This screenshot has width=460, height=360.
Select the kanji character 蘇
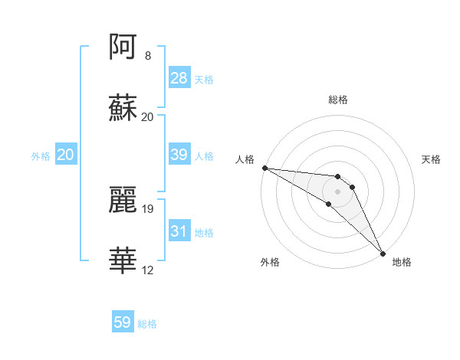pos(123,108)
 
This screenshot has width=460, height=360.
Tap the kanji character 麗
pos(123,198)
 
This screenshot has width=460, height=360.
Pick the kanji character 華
pos(123,260)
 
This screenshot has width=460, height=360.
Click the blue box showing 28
pos(179,78)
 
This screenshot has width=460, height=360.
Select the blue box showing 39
pos(179,155)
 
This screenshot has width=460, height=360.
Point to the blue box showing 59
pos(123,323)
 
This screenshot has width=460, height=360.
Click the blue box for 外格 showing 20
pos(66,155)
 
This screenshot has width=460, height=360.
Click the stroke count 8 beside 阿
pos(147,56)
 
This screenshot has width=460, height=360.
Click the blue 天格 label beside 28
pos(204,79)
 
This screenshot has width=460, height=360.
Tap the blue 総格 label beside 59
pos(147,324)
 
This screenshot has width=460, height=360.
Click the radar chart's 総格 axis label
pos(338,100)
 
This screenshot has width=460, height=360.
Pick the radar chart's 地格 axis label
pos(402,262)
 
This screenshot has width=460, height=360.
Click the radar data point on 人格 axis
pos(264,168)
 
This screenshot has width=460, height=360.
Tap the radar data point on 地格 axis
pos(383,254)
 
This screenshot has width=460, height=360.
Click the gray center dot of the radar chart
pos(338,191)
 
